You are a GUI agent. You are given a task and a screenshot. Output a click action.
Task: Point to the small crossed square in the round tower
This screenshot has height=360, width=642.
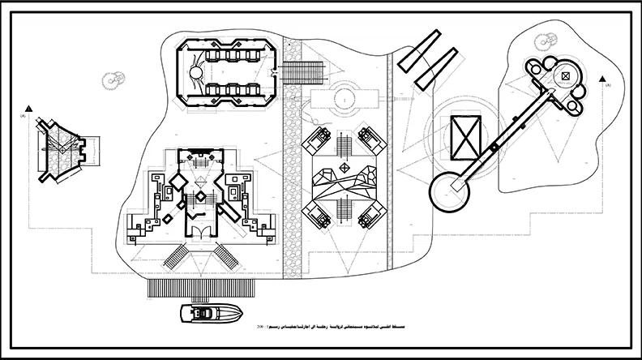pos(564,77)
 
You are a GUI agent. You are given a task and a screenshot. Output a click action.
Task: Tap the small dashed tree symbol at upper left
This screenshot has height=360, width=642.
pos(113,79)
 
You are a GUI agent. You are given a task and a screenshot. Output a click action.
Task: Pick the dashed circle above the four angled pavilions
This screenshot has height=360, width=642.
pos(344,99)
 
